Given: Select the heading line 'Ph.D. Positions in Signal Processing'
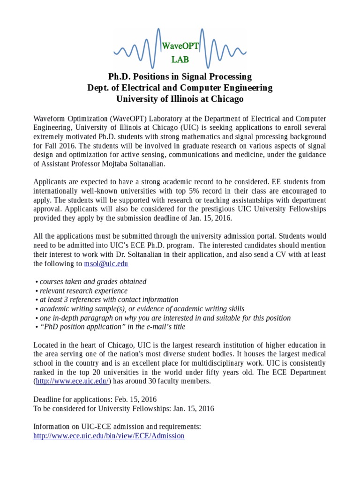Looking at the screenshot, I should tap(180, 76).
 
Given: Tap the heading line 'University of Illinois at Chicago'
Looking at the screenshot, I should tap(180, 99).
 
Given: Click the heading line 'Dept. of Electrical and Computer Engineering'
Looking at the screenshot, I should tap(180, 88).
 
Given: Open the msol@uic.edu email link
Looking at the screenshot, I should tap(106, 264).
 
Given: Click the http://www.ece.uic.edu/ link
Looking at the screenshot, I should tap(72, 381).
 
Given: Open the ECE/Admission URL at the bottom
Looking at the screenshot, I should tap(109, 435).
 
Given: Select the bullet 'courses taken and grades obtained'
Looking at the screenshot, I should tap(93, 282).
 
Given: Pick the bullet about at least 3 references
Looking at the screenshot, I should tap(109, 300).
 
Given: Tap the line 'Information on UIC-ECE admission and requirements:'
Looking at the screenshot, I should tap(117, 427).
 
